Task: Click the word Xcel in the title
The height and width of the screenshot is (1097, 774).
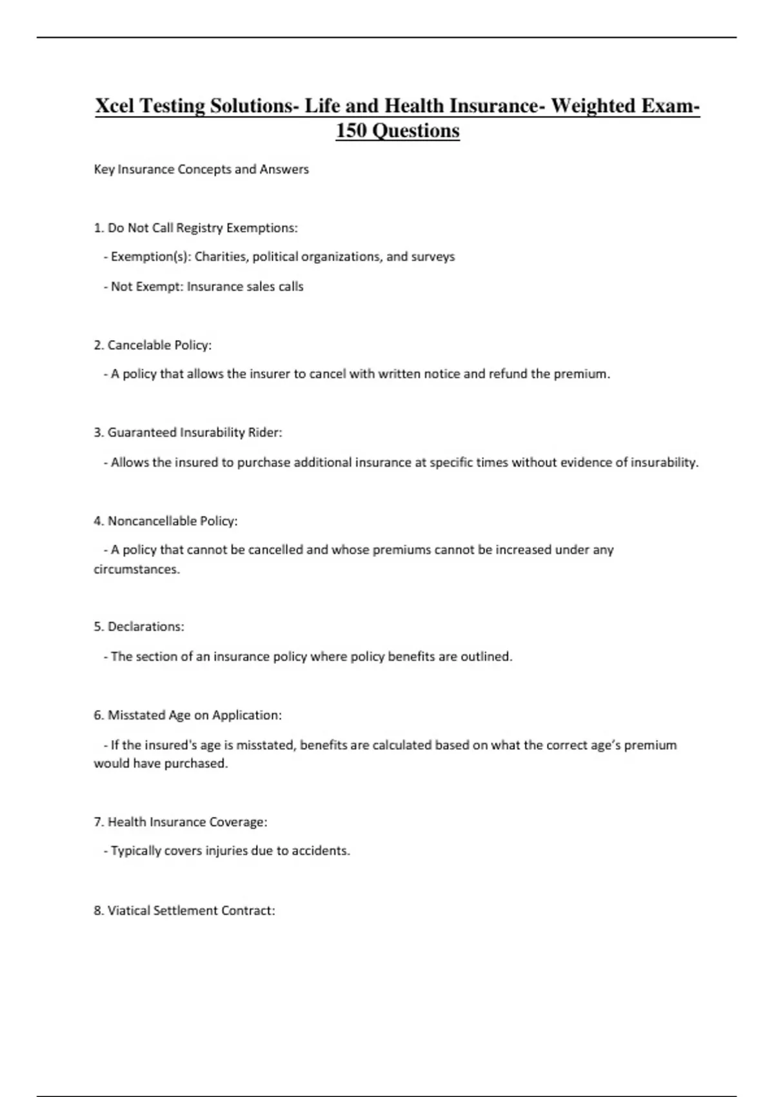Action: (x=115, y=106)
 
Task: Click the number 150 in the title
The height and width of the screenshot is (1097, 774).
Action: (x=351, y=131)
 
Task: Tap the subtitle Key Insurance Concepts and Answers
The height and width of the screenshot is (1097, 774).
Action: (x=201, y=170)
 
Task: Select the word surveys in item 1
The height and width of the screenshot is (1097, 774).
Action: (x=433, y=257)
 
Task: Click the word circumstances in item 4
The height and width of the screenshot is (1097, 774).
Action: (x=136, y=569)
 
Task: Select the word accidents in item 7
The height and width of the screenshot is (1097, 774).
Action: (x=321, y=851)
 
